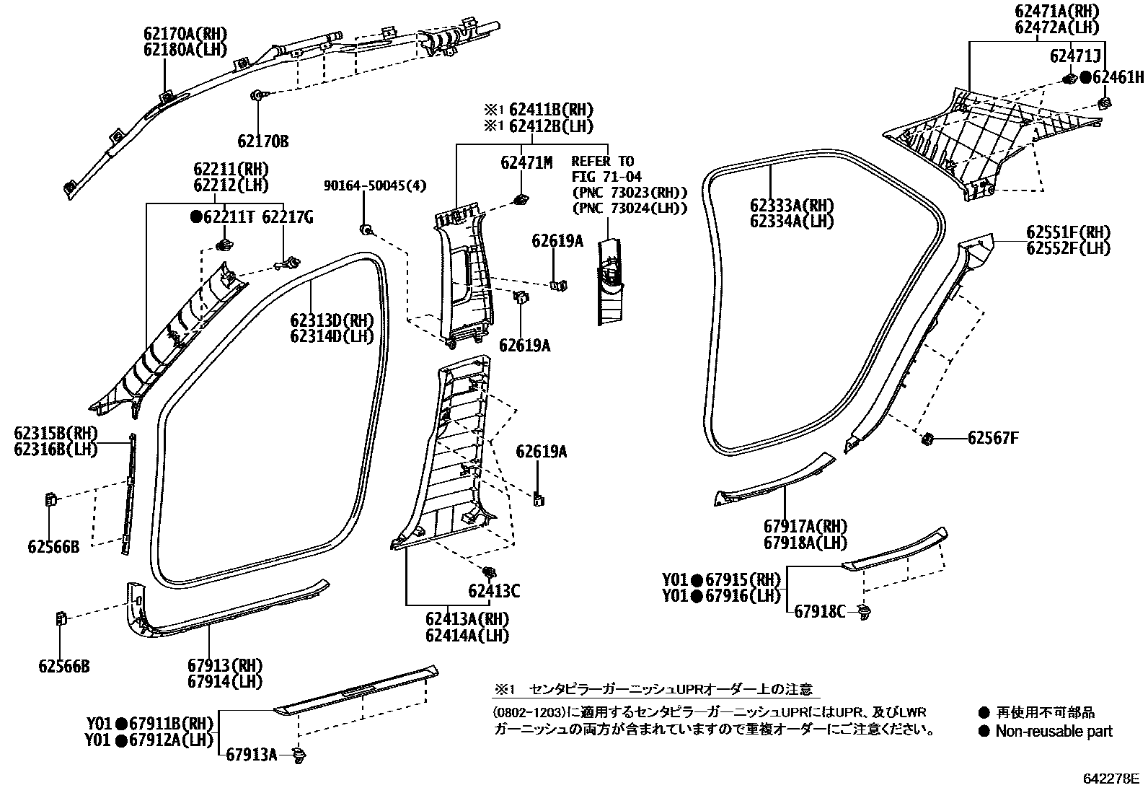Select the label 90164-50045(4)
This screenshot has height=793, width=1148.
[x=374, y=186]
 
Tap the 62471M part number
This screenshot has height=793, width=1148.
[x=526, y=164]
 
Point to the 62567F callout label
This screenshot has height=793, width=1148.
[x=994, y=438]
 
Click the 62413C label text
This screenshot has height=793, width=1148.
[x=494, y=592]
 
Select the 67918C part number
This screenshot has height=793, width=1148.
[x=820, y=612]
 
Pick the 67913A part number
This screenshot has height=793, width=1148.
[x=252, y=755]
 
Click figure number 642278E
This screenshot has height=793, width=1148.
[x=1111, y=779]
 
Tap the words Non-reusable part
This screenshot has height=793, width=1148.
[x=1054, y=732]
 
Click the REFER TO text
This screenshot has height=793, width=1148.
[x=603, y=161]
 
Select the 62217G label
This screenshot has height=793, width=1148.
[x=287, y=217]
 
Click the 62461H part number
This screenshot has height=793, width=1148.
[x=1118, y=77]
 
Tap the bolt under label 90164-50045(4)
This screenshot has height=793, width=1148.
[x=366, y=229]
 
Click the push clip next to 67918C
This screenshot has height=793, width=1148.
[x=865, y=612]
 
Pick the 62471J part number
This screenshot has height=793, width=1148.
[x=1074, y=56]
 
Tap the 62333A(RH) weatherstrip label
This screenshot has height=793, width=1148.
[x=790, y=205]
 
